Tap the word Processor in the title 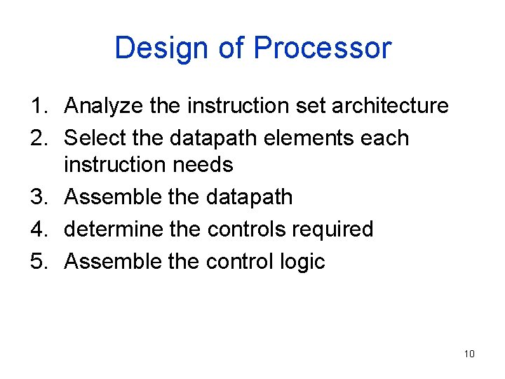(322, 48)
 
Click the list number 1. (37, 107)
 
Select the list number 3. (37, 197)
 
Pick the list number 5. (37, 262)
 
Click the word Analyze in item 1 (104, 107)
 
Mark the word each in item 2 (385, 138)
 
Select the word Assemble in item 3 (112, 197)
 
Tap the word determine (113, 230)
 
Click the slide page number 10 (469, 354)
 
